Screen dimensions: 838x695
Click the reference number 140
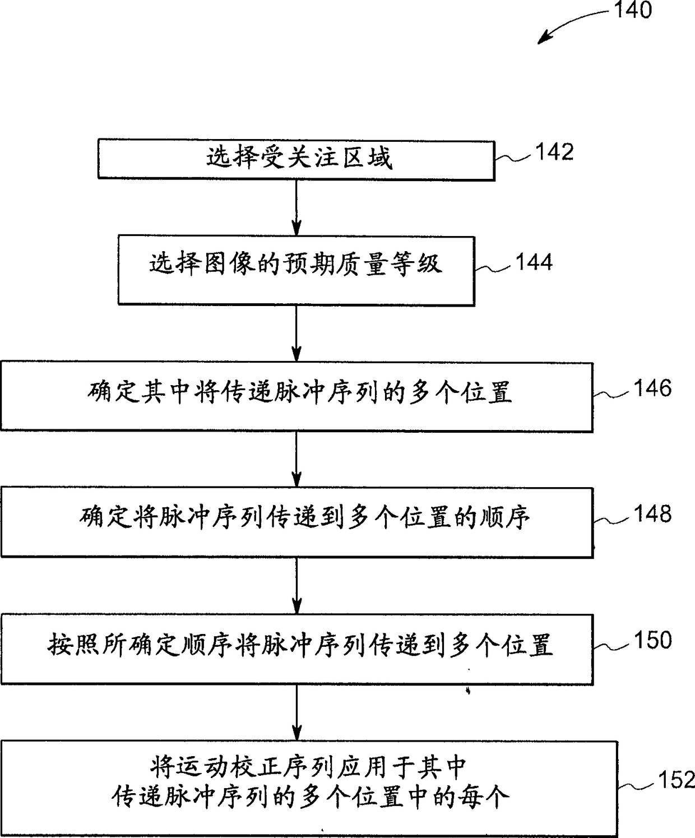633,10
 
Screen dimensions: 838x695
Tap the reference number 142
554,152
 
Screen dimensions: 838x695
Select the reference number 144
534,262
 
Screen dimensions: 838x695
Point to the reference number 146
652,388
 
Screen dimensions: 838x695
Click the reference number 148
652,513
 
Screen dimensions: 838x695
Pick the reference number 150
652,640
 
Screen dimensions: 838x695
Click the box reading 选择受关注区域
296,160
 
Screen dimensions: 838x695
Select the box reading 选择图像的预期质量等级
296,271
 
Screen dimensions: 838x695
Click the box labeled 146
296,397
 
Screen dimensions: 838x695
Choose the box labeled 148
296,522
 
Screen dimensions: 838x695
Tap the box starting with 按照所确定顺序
296,649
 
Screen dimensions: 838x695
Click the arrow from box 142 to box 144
296,208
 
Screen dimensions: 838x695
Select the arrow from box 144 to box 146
296,334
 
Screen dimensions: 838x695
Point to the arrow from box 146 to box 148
296,460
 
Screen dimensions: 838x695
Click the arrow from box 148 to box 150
296,586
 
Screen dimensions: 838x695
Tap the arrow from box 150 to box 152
296,712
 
